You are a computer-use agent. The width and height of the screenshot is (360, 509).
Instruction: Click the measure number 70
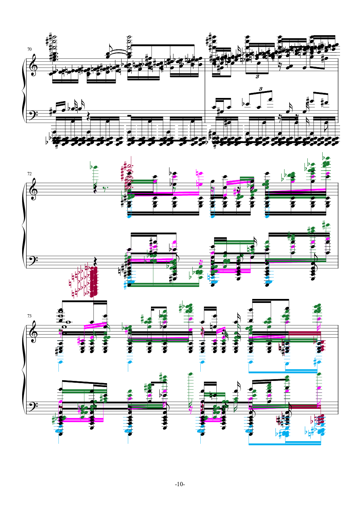click(x=29, y=49)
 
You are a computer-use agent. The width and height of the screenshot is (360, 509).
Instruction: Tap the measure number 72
click(x=29, y=174)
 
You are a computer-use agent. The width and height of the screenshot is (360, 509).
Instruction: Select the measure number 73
click(x=29, y=316)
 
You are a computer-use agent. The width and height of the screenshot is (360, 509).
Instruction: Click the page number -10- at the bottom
click(x=180, y=484)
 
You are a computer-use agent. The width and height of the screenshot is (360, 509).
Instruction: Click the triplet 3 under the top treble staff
click(x=257, y=77)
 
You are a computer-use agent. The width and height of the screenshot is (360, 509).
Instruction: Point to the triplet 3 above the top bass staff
click(x=261, y=89)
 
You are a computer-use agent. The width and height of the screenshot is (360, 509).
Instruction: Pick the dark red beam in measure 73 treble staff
click(x=304, y=333)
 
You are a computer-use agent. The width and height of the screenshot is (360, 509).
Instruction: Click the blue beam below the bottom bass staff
click(x=285, y=443)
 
